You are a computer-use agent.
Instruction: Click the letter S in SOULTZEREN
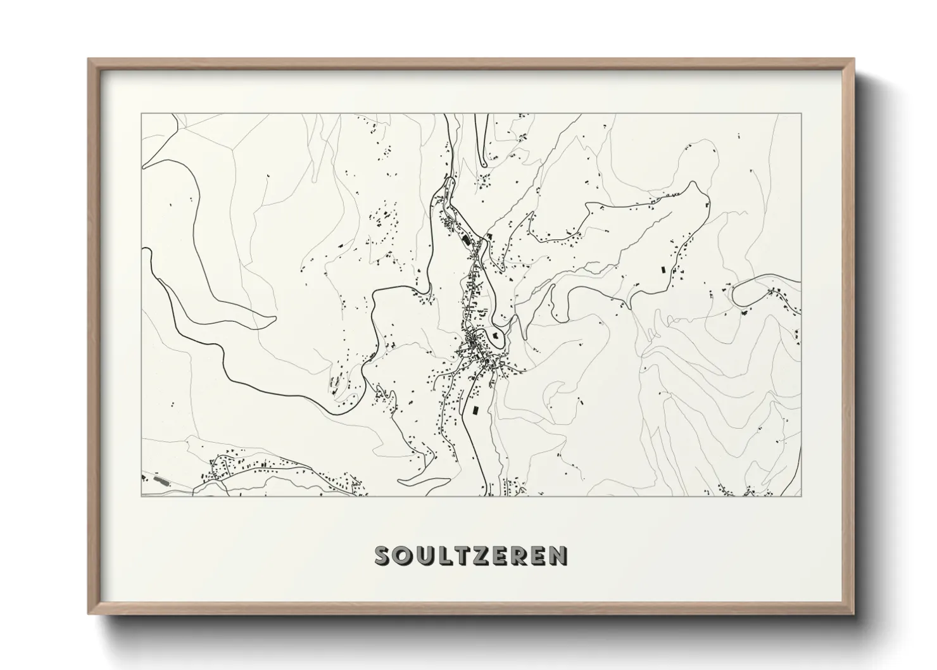384,555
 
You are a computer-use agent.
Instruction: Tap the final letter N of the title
558,555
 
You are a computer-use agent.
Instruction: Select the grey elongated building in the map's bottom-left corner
161,480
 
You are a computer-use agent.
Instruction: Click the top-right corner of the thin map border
801,114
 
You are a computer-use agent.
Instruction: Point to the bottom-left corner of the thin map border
141,496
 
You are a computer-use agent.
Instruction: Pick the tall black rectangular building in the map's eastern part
663,269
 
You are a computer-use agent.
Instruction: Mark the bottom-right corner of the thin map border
801,496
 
